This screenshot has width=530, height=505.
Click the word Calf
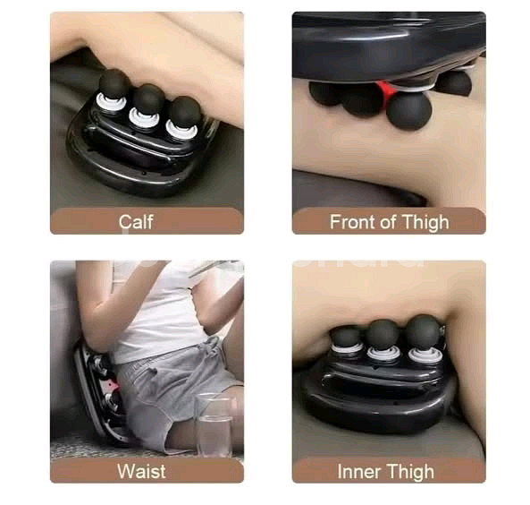136,222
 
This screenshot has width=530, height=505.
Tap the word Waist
141,471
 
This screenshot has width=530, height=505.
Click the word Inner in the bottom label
359,472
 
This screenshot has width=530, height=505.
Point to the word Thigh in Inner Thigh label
410,472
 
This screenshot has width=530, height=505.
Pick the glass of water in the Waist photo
214,424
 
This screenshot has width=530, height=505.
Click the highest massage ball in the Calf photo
114,84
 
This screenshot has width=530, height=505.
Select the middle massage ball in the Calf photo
148,99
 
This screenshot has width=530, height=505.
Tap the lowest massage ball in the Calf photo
184,112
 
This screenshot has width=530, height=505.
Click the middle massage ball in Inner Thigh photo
383,334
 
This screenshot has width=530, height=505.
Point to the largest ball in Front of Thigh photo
409,111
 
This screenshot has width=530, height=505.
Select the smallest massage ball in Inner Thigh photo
345,335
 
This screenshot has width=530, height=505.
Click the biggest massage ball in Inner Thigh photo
423,331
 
